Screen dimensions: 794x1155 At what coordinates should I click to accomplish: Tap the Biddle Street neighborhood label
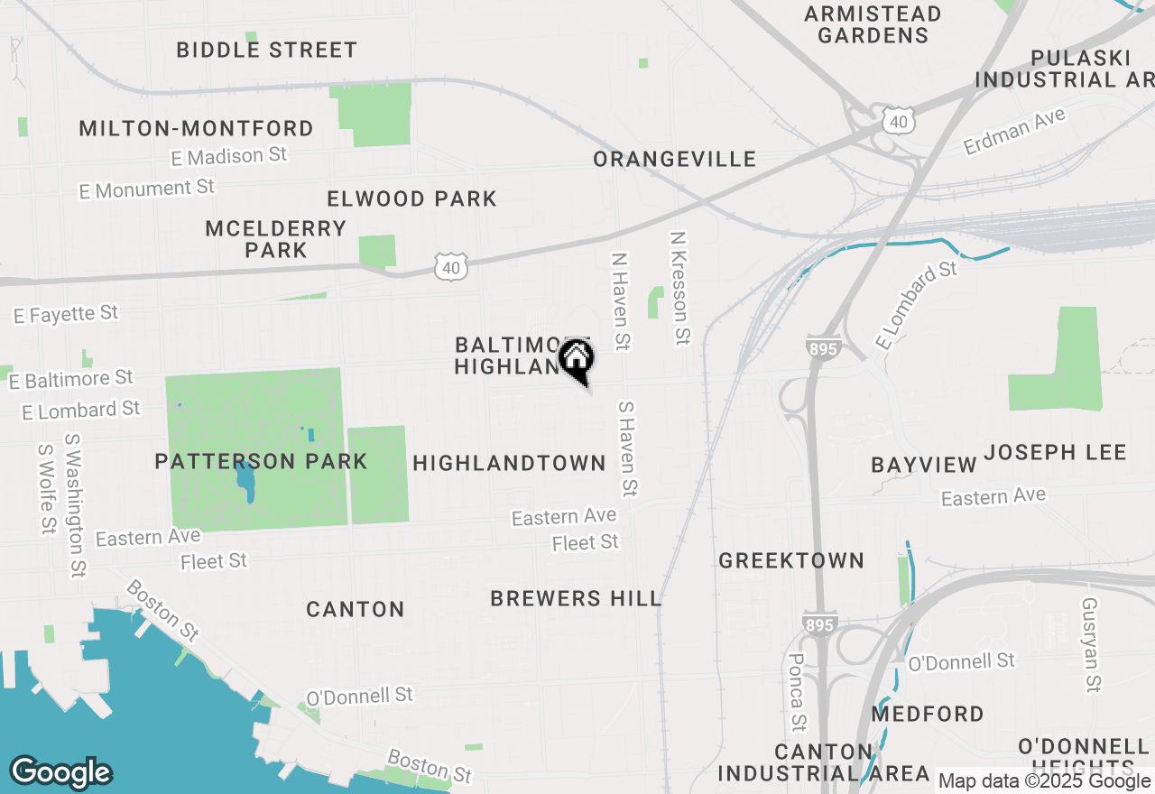pyautogui.click(x=266, y=50)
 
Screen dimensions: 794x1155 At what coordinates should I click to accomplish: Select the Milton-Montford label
pyautogui.click(x=196, y=128)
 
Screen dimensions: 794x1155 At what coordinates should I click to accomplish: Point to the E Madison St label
pyautogui.click(x=229, y=156)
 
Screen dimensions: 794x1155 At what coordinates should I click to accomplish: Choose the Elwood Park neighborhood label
pyautogui.click(x=411, y=198)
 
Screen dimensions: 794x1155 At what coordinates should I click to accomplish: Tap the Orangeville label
pyautogui.click(x=674, y=160)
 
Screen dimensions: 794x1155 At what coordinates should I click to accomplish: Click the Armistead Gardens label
pyautogui.click(x=872, y=24)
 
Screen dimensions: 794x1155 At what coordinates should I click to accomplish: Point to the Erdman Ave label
pyautogui.click(x=1014, y=131)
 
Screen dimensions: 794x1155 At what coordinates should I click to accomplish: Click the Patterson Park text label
pyautogui.click(x=261, y=462)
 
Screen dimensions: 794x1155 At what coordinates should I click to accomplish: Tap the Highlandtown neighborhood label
pyautogui.click(x=509, y=464)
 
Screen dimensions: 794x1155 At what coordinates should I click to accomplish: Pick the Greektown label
pyautogui.click(x=791, y=560)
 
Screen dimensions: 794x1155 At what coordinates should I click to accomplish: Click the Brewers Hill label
pyautogui.click(x=576, y=598)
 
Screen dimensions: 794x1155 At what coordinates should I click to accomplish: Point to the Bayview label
pyautogui.click(x=923, y=465)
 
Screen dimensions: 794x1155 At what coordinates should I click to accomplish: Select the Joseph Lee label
pyautogui.click(x=1055, y=452)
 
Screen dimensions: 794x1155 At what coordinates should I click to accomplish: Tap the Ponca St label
pyautogui.click(x=798, y=693)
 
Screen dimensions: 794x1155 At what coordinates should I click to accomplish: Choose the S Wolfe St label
pyautogui.click(x=46, y=488)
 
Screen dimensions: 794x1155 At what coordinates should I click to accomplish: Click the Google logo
pyautogui.click(x=60, y=772)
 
